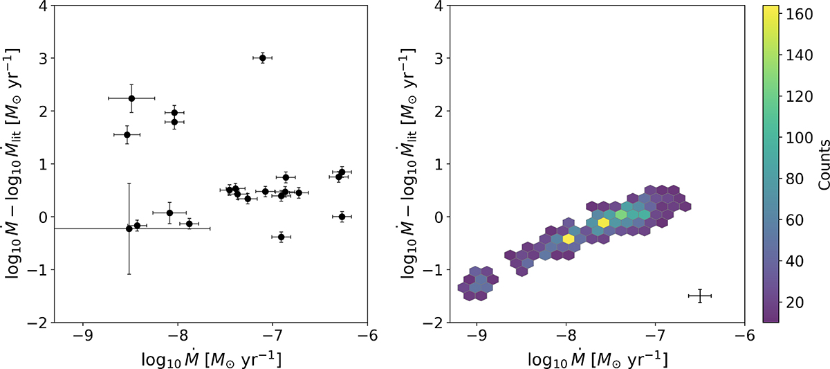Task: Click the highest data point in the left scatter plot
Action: (263, 58)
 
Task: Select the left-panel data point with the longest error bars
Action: (129, 228)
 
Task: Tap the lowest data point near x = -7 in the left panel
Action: (281, 237)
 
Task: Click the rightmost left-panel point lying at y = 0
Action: (342, 217)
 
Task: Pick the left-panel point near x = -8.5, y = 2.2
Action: (131, 98)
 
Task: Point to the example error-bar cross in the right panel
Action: (700, 296)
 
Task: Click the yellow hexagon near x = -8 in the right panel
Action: (569, 239)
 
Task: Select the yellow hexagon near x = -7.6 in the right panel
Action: (604, 222)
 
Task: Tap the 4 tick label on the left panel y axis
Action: (43, 6)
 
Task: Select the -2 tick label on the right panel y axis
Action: (430, 323)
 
